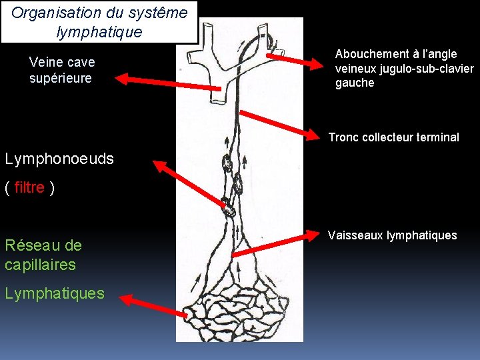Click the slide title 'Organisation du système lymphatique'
coord(99,22)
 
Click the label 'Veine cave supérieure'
coord(62,70)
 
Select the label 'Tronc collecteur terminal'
coord(393,137)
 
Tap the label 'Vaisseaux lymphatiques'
coord(392,235)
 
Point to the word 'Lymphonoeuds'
coord(59,159)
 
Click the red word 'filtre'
coord(29,188)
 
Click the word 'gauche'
coord(355,83)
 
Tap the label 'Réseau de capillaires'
coord(43,255)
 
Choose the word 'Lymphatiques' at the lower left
coord(55,293)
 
